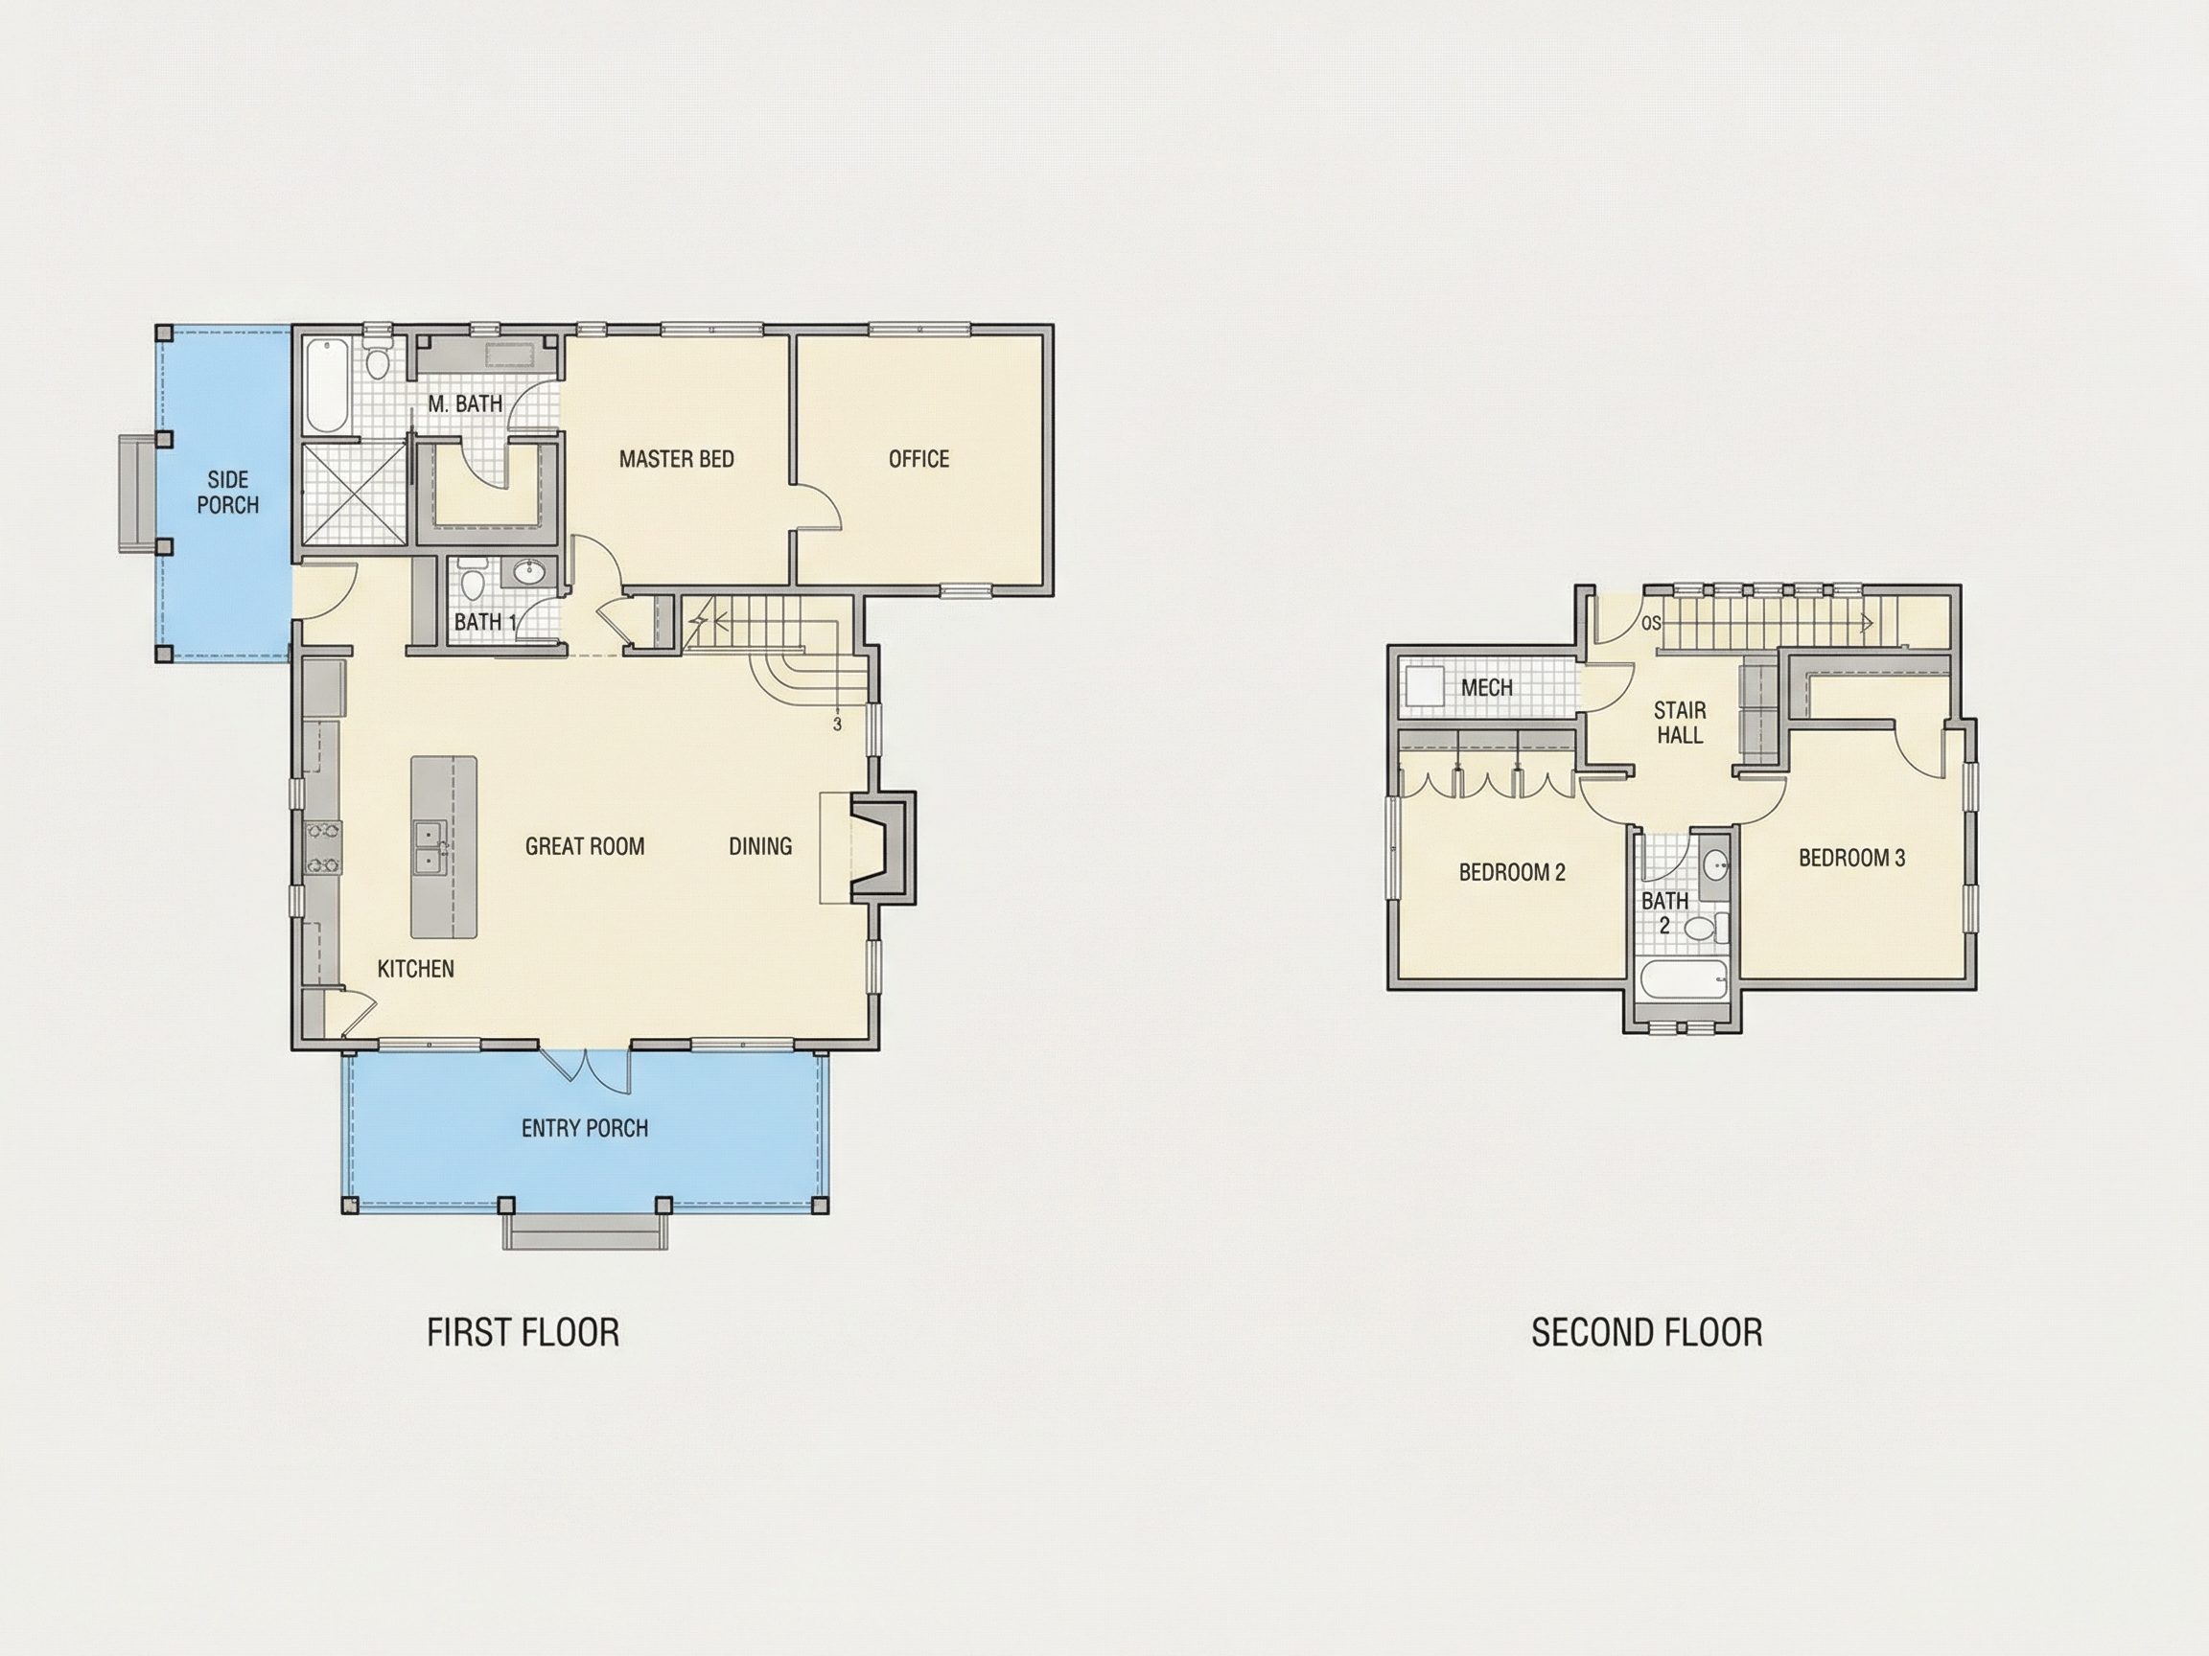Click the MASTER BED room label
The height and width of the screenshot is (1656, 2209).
click(676, 459)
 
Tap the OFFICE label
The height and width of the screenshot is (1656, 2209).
click(918, 459)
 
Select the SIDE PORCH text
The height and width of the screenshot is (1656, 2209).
click(227, 493)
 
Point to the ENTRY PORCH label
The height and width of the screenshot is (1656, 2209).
click(584, 1128)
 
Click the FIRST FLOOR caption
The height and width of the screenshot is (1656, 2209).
click(523, 1333)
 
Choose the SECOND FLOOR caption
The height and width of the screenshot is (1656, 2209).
click(1647, 1333)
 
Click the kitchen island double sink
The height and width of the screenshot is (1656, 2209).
click(430, 847)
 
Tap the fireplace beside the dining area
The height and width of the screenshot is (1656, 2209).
click(883, 847)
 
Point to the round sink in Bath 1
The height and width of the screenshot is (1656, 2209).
click(527, 572)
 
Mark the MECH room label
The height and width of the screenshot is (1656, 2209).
click(1486, 688)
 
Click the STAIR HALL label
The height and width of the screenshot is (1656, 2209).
click(1680, 723)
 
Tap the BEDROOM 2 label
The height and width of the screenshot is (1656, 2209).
click(1512, 872)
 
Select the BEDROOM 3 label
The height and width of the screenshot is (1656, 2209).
click(1851, 858)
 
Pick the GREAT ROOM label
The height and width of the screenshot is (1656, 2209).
click(584, 846)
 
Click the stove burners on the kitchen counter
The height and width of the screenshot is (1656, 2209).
click(322, 847)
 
